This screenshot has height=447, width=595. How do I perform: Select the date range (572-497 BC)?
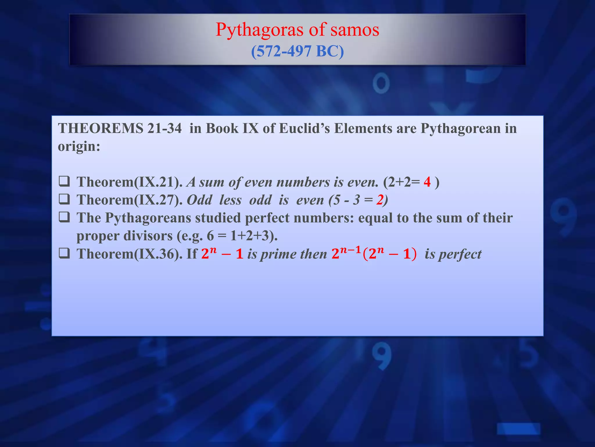[x=297, y=51]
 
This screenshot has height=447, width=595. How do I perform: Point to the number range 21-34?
[x=164, y=128]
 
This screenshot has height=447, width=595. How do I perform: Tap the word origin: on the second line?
[x=79, y=146]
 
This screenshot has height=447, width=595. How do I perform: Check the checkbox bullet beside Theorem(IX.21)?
[x=64, y=182]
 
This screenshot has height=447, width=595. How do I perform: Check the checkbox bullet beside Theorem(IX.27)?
[x=64, y=200]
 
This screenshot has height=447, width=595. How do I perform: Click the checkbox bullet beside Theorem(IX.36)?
[x=64, y=253]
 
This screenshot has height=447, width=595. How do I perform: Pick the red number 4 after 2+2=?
[x=427, y=182]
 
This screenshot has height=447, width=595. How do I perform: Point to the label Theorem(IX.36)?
[x=130, y=254]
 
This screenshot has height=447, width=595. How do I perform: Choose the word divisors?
[x=148, y=236]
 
